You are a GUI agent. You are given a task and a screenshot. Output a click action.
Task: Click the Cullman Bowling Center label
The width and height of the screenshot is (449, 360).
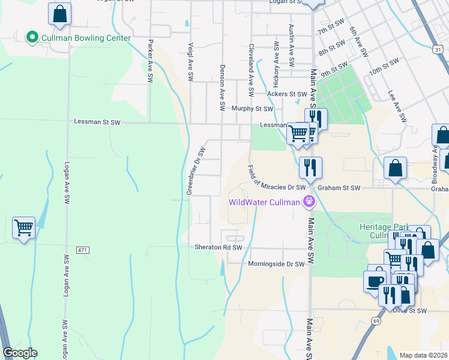(86, 38)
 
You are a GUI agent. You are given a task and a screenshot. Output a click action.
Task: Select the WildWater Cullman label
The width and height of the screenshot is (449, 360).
(264, 202)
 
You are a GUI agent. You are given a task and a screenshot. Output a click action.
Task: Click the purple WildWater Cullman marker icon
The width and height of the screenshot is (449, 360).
(309, 201)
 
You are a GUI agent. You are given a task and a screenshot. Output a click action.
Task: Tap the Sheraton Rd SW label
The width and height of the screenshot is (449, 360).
(218, 247)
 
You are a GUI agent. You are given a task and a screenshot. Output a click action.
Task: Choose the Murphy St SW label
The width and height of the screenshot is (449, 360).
(252, 109)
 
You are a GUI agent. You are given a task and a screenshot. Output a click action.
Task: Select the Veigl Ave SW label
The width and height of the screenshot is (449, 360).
(190, 62)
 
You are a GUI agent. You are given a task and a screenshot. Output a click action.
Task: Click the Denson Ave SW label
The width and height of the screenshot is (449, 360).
(222, 88)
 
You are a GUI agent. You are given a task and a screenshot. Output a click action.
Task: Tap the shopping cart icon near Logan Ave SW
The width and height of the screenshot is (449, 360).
(23, 228)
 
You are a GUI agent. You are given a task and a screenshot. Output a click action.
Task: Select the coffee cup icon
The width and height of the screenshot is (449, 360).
(375, 281)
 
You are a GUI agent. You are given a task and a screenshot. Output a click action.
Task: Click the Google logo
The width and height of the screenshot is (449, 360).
(20, 353)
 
